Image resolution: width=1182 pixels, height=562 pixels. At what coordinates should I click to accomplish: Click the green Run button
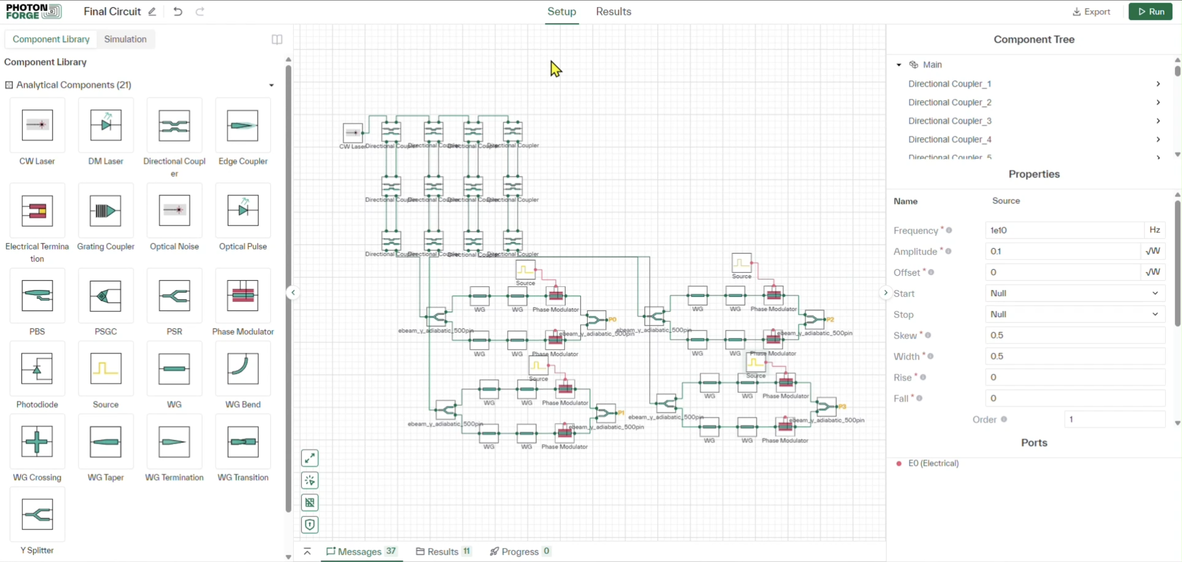[1150, 11]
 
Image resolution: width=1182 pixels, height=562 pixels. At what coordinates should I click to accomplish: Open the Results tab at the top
[613, 11]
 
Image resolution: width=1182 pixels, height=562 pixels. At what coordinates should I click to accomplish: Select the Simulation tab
[125, 39]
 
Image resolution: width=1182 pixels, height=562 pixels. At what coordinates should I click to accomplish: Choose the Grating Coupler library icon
[106, 211]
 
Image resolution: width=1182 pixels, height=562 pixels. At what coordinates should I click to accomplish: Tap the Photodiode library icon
[37, 369]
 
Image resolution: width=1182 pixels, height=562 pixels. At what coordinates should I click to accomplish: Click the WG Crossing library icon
[37, 442]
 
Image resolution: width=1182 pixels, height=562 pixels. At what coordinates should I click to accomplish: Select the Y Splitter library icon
[37, 514]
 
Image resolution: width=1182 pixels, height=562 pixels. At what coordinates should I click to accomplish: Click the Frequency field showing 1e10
[1064, 230]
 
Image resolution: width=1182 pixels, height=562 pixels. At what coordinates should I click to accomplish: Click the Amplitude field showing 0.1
[1062, 251]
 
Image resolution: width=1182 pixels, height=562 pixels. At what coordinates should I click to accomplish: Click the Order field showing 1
[1114, 419]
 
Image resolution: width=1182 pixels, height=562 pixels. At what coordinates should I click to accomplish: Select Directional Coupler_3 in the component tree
[949, 121]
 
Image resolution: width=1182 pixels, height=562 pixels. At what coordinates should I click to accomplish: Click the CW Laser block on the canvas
[353, 133]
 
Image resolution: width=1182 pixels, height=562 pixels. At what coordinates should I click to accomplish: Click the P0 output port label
[612, 319]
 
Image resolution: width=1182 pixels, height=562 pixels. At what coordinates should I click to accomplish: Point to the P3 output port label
[842, 407]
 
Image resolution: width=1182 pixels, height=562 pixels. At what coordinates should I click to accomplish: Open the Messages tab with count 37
[361, 551]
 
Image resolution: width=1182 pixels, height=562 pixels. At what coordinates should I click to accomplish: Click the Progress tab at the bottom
[520, 551]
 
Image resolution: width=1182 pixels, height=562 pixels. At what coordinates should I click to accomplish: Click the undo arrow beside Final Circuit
[178, 11]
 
